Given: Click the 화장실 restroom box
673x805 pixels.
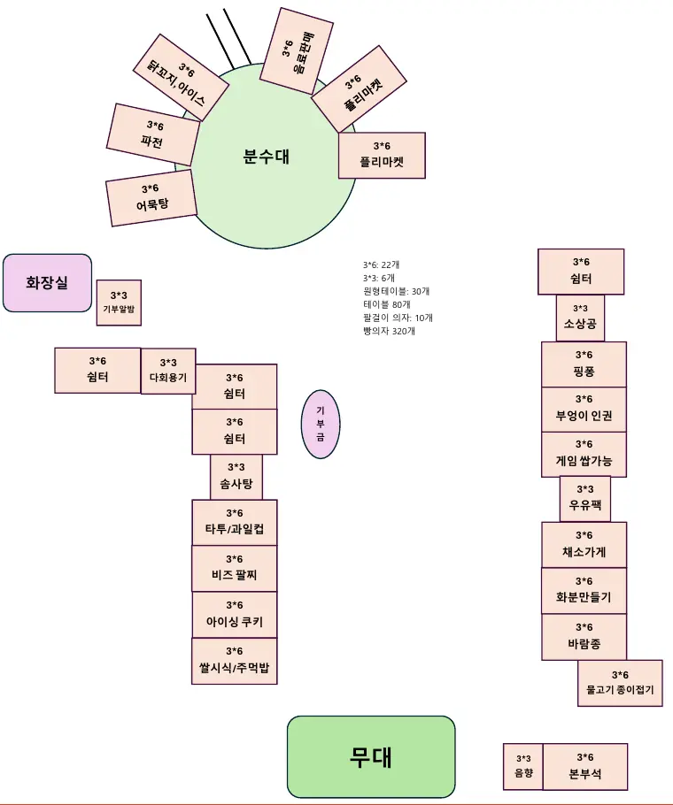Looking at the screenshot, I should point(48,283).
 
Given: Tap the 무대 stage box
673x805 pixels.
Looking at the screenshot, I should point(371,756).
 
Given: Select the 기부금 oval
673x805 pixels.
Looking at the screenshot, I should point(321,425).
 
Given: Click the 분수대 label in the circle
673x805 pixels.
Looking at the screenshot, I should point(266,157).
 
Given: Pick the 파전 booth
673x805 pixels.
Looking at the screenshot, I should point(152,134).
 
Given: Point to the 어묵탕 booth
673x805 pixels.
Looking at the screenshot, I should point(151,197).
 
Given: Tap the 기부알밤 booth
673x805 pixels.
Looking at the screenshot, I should point(119,303).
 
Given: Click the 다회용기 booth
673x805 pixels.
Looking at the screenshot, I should point(168,371).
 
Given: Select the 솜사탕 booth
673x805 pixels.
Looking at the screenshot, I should point(236,477).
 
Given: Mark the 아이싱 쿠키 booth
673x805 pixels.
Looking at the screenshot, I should point(235,614).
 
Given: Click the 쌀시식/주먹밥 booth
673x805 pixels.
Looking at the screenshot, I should point(235,661).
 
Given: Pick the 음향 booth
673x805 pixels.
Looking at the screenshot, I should point(523,766).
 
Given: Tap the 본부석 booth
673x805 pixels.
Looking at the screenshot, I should point(585,766).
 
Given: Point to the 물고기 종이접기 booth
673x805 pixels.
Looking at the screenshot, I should point(620,683).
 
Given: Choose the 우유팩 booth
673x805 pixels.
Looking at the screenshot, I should point(585,499).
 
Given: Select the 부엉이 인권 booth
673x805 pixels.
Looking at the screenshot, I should point(584,409).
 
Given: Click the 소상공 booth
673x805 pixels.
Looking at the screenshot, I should point(580,318).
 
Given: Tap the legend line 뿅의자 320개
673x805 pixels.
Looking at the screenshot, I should point(389,331).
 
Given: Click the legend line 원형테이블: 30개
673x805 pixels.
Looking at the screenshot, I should point(396,291).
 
